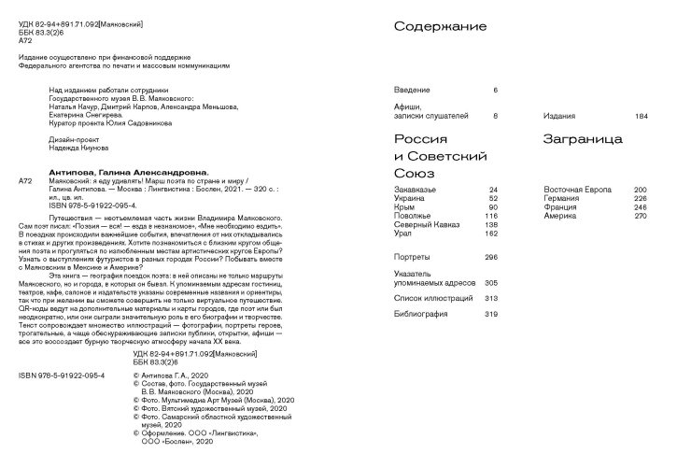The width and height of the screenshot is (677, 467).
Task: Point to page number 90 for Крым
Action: (495, 207)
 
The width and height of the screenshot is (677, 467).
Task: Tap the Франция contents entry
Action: (561, 207)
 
